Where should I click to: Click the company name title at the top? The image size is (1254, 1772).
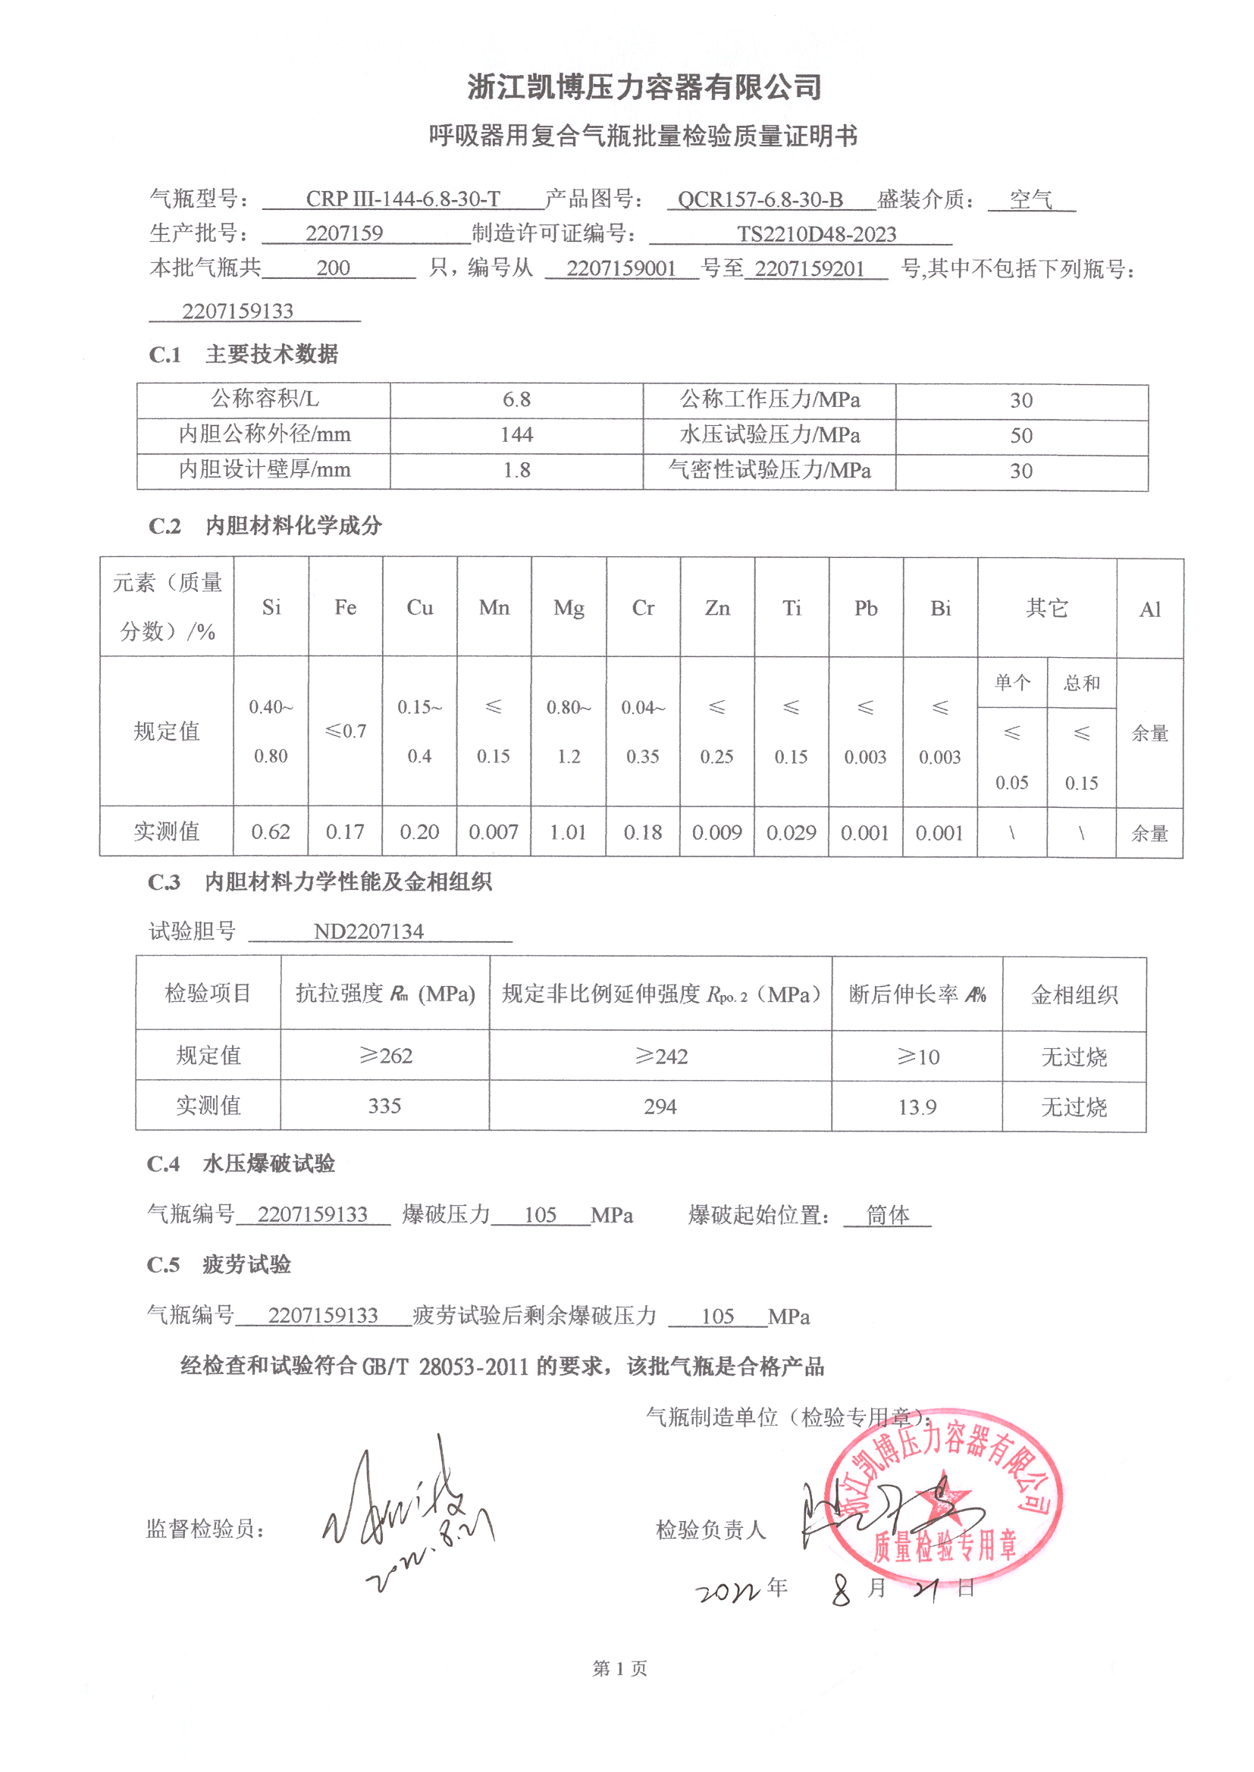point(644,87)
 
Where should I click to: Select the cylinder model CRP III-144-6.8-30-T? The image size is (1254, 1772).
point(403,199)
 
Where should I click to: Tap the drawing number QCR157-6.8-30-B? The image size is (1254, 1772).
point(760,200)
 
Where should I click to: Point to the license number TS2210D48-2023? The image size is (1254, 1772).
point(817,234)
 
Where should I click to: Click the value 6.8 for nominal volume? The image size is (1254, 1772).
point(516,399)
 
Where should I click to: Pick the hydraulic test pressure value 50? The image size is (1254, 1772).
point(1020,435)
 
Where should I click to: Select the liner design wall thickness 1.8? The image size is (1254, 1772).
point(516,470)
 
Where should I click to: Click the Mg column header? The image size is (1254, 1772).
point(569,608)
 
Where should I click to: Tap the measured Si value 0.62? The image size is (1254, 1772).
point(270,832)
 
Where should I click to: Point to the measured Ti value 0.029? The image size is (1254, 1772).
point(791,833)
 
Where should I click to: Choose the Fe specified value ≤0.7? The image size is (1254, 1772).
point(345,731)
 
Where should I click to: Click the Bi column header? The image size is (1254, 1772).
point(939,609)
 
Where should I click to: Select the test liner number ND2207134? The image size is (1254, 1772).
point(368,931)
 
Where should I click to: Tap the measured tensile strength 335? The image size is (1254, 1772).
point(384,1106)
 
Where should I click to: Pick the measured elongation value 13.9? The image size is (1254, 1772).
point(917,1107)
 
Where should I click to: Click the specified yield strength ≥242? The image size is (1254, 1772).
point(660,1056)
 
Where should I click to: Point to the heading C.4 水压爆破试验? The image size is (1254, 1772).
point(241,1163)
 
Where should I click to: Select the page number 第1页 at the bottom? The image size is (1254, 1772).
point(619,1669)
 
